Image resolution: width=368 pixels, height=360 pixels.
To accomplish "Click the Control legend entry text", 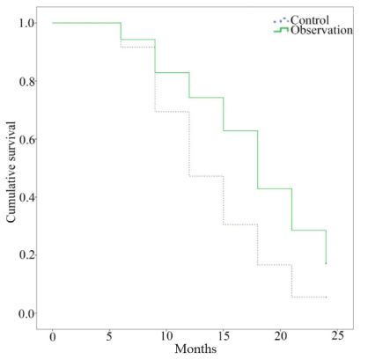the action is click(x=310, y=20).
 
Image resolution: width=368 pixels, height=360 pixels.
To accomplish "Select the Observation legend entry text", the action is click(x=321, y=30).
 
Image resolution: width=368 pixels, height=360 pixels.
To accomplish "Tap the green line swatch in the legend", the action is click(x=281, y=30).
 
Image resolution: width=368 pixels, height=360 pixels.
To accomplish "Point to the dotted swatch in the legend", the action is click(x=281, y=20).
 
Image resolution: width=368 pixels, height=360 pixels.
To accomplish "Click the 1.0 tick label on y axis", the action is click(x=28, y=23).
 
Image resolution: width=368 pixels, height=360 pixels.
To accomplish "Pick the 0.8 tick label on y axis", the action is click(x=28, y=81).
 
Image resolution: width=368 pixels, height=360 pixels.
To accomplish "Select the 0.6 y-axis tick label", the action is click(x=28, y=139).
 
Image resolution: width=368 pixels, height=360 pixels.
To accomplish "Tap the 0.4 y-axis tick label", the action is click(x=28, y=197).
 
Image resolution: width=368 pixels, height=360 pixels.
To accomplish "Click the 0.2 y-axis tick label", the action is click(x=28, y=255).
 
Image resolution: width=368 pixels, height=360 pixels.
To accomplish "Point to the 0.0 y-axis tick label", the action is click(x=28, y=313).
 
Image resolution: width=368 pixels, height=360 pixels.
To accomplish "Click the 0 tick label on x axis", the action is click(x=53, y=336).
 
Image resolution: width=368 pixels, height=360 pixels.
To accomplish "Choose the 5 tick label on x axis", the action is click(x=109, y=336).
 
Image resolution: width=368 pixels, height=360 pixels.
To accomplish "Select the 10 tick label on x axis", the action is click(x=166, y=336).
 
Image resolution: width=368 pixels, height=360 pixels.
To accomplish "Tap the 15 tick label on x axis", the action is click(x=224, y=336).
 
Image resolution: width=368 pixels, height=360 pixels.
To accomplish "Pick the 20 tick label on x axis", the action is click(x=281, y=336).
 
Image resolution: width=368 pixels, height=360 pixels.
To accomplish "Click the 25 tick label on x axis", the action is click(x=337, y=336).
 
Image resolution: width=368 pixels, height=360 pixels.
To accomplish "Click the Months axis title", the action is click(x=195, y=349).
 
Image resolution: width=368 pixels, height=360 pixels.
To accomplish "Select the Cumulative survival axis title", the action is click(x=11, y=172).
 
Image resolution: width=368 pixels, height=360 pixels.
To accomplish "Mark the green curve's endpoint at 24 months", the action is click(x=326, y=263).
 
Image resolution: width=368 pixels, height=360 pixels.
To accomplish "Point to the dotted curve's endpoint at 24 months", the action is click(x=326, y=298).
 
